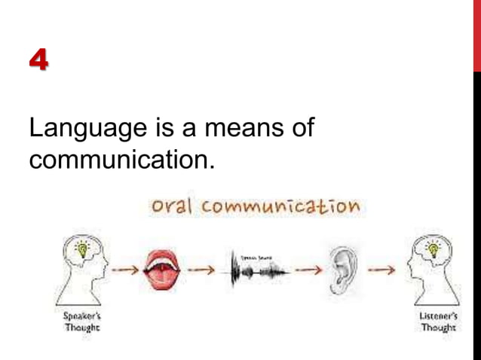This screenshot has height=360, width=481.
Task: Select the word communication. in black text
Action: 121,160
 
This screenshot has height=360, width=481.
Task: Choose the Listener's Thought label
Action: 437,322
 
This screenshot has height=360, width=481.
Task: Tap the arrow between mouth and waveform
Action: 201,269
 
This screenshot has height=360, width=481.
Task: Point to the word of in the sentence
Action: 302,129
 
